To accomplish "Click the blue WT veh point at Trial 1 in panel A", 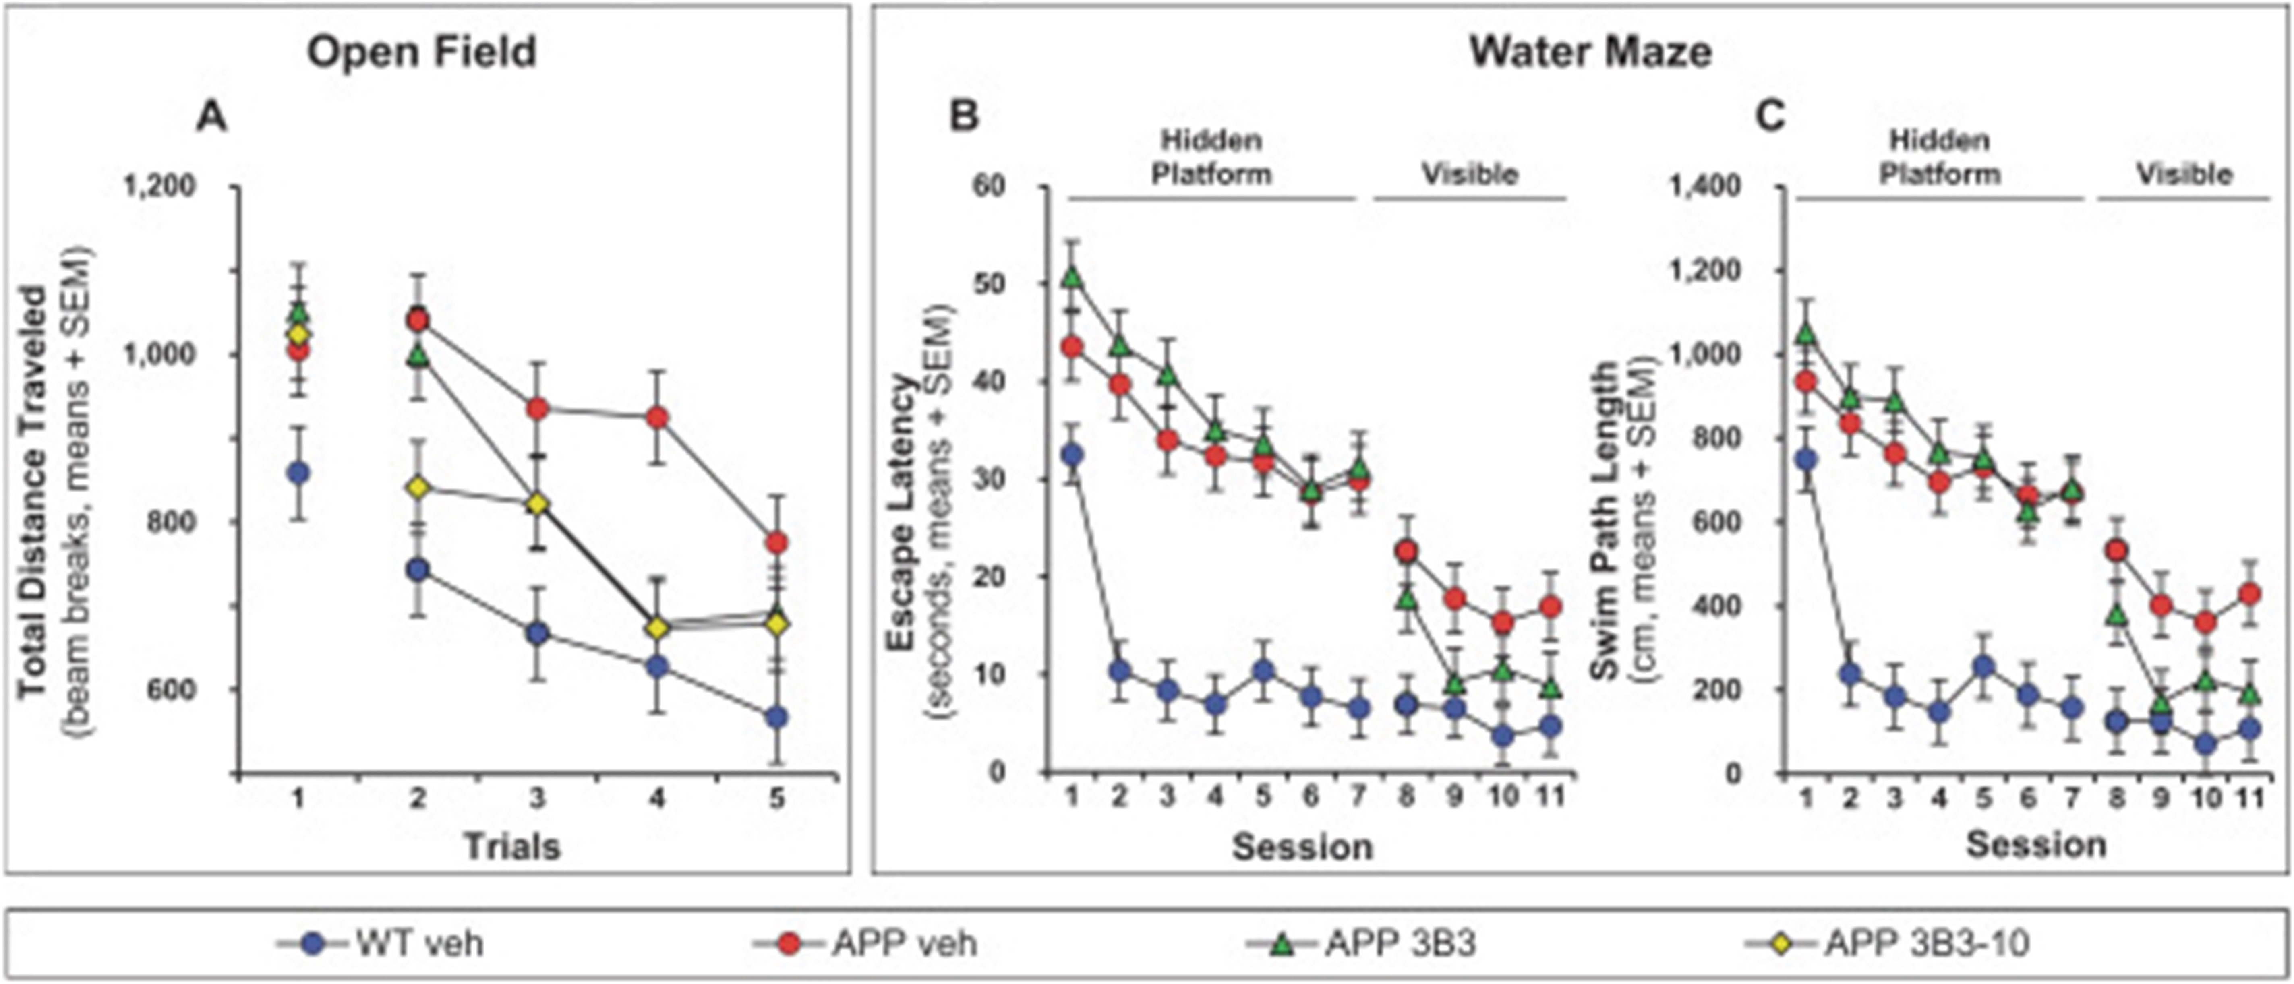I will [x=299, y=473].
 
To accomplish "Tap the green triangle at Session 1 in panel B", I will [x=1072, y=277].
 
